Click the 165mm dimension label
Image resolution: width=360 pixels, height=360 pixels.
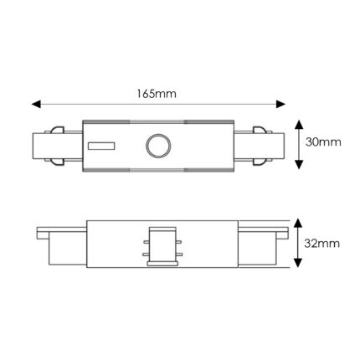click(157, 94)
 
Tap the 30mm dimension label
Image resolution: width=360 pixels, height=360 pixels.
click(323, 142)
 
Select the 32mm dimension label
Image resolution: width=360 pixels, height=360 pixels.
click(322, 244)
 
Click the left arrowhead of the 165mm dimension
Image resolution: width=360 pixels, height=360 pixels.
click(36, 105)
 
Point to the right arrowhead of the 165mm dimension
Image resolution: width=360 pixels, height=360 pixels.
click(280, 105)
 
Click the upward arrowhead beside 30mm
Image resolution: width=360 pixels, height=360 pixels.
click(299, 125)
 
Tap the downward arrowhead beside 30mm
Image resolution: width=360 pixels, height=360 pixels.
click(299, 164)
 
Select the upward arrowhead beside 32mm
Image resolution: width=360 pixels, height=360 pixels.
click(298, 223)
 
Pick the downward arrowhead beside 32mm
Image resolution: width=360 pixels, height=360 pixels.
click(298, 263)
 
